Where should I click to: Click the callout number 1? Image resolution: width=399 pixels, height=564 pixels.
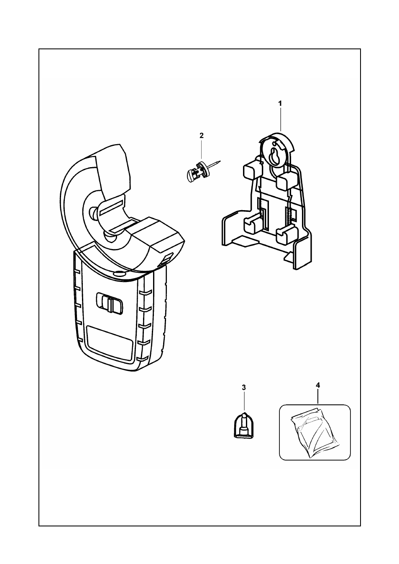pos(280,104)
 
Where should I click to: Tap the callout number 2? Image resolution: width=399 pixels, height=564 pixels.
pos(202,135)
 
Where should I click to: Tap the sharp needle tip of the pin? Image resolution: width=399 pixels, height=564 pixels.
pos(220,161)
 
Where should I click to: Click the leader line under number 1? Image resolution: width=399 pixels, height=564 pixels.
pos(280,119)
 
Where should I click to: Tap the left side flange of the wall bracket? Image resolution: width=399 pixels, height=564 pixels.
pos(230,229)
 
